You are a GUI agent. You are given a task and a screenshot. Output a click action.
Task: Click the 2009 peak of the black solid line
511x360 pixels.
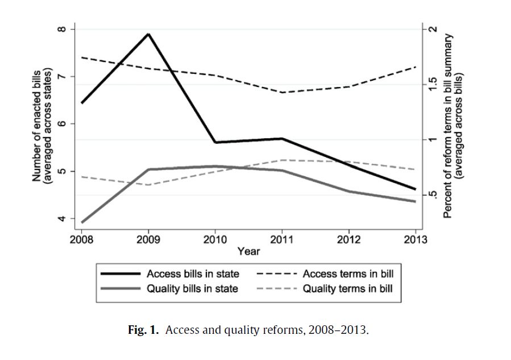148,34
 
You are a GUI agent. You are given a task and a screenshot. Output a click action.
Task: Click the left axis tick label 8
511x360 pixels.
63,29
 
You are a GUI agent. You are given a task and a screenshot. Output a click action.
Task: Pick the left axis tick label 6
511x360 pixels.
63,124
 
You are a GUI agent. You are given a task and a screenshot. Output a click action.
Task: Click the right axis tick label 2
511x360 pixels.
433,29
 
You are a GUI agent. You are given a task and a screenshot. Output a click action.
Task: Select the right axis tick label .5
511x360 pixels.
433,195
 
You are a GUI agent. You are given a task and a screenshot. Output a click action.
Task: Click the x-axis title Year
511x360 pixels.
248,251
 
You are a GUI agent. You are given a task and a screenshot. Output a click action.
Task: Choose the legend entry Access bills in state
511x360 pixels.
193,274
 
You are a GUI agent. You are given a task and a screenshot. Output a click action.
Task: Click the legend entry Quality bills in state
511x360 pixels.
192,289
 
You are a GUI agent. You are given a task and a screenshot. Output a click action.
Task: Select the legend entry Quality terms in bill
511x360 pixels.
347,289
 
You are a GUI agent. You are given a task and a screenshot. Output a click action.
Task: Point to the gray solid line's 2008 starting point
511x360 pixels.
82,222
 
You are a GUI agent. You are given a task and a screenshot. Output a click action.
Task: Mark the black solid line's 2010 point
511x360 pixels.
215,142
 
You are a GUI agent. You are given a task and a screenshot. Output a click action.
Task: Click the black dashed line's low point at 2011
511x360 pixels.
282,92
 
